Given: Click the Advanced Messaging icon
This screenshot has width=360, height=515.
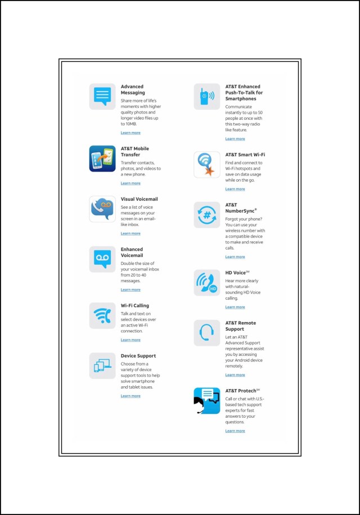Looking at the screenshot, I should coord(102,96).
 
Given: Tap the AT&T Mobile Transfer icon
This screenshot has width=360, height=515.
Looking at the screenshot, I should coord(102,158).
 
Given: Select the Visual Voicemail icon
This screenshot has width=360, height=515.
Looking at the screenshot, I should coord(102,209).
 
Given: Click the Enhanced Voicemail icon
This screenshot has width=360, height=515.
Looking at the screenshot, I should coord(102,259).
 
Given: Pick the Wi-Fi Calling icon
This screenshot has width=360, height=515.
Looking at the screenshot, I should coord(102,315).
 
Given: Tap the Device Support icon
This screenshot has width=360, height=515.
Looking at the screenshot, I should coord(102,365).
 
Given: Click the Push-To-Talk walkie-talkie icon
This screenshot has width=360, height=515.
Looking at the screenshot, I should coord(206,96).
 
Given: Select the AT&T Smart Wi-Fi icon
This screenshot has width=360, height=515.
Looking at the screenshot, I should coord(206,164).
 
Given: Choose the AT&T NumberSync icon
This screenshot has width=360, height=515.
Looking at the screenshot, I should coord(206,215).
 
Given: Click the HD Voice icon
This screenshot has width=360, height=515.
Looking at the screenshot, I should coord(206,282).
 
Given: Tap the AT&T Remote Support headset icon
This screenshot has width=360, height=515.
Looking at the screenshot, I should coord(206,333).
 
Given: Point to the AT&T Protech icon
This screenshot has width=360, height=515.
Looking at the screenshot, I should coord(206,400).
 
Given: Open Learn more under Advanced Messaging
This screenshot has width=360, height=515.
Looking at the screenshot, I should coord(130,133).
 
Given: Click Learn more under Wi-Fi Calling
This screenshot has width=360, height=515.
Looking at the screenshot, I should coord(130,340).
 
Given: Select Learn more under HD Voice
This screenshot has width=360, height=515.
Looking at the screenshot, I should coord(235,307).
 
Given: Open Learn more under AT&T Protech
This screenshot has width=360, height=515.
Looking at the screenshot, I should coord(235,431).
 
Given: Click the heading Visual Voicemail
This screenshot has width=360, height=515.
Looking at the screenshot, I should coord(139,199).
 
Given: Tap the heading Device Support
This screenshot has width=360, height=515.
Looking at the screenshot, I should coord(138,356).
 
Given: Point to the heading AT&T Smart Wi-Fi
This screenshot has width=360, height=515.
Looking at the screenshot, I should coord(245,155).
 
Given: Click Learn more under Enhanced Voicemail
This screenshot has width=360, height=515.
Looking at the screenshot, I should coord(130,290).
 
